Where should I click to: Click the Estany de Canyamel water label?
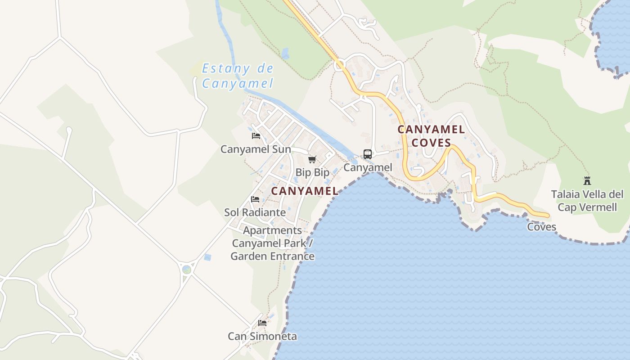tap(237, 76)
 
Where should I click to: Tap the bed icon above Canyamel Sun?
tap(256, 135)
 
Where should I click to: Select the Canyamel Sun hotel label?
tap(256, 149)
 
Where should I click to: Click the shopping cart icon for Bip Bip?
tap(312, 159)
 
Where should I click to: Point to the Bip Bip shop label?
tap(312, 172)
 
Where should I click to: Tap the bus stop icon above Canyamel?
tap(368, 154)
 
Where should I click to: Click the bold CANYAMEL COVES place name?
tap(431, 136)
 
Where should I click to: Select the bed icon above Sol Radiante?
tap(255, 199)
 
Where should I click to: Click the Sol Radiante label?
tap(255, 212)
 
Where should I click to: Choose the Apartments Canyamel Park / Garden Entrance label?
tap(273, 243)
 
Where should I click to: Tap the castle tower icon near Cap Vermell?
tap(587, 181)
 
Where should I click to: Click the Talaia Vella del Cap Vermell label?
tap(587, 201)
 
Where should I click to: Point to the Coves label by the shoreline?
tap(541, 227)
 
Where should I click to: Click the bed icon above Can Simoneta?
tap(262, 323)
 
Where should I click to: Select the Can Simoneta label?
tap(262, 336)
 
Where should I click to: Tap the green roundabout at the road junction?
tap(187, 270)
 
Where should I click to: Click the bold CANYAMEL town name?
tap(305, 191)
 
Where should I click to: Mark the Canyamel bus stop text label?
tap(368, 167)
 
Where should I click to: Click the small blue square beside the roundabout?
tap(207, 257)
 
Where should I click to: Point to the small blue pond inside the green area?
tap(285, 54)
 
